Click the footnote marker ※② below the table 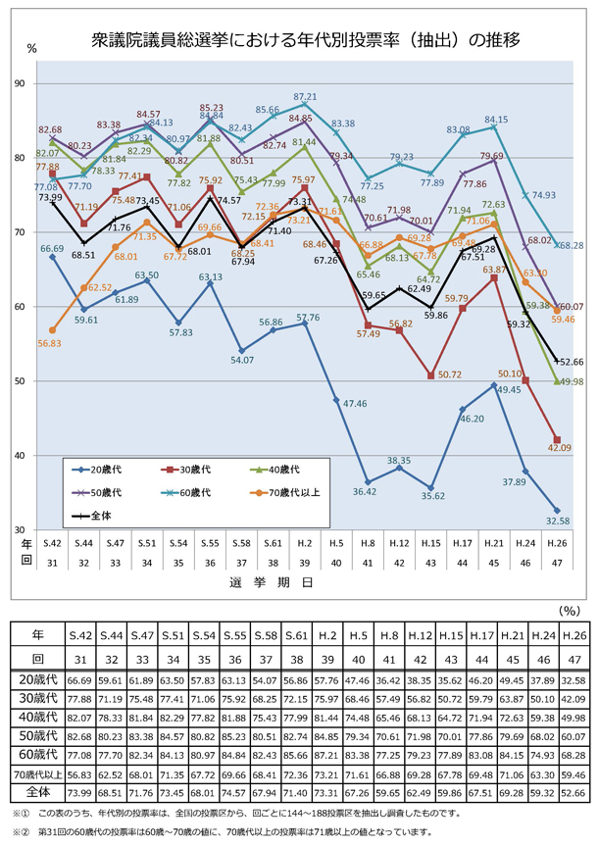[23, 830]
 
